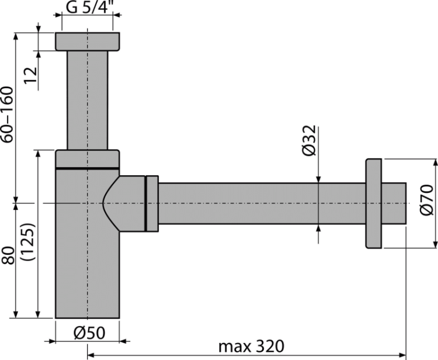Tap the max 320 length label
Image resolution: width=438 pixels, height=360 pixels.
click(252, 347)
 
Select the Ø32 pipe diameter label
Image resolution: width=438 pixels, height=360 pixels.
click(310, 141)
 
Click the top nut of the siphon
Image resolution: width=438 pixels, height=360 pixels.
click(87, 41)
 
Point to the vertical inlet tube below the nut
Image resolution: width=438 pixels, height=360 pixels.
click(87, 99)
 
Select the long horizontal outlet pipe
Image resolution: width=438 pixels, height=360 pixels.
click(263, 202)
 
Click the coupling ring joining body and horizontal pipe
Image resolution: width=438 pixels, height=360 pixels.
click(151, 202)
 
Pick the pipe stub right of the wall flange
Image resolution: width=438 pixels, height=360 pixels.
click(395, 202)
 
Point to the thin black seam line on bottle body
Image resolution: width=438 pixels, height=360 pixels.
click(87, 168)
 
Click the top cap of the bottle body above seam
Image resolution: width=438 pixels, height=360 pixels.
click(87, 158)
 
